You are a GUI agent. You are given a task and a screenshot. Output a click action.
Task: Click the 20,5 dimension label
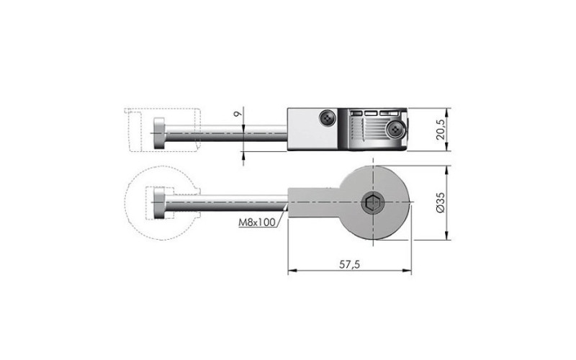(440, 130)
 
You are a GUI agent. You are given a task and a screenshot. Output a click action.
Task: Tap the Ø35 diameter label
(440, 202)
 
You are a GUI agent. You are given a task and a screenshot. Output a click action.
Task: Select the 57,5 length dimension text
(349, 264)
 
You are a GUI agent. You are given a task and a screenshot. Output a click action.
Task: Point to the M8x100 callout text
(257, 222)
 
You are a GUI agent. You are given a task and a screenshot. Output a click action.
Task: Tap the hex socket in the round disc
(373, 202)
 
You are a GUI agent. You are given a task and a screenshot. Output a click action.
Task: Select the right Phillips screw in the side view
(395, 129)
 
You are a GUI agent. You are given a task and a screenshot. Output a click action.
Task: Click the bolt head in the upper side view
(159, 133)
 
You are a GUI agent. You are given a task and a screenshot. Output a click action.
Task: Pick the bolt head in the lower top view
(159, 203)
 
